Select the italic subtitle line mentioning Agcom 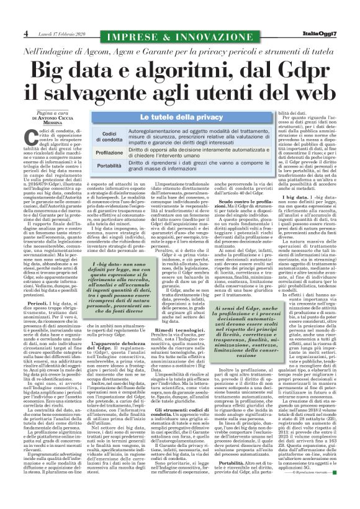pos(179,49)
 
